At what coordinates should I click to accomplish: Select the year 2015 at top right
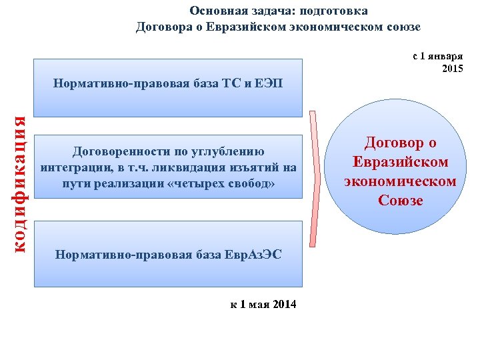pos(453,69)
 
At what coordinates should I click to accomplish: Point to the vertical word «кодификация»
pos(21,184)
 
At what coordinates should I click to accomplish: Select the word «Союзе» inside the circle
pos(400,200)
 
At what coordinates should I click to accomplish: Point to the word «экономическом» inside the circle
pos(400,181)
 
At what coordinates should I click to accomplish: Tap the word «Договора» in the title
pos(162,27)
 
